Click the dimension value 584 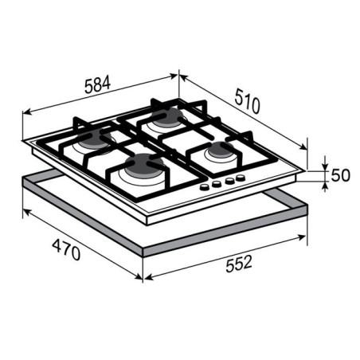(97, 84)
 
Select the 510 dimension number (247, 101)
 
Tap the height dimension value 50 (341, 175)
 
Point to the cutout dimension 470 (66, 249)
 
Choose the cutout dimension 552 (239, 264)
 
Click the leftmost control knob (205, 187)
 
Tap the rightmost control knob (241, 178)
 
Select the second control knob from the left (217, 184)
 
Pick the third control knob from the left (229, 181)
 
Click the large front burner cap (144, 166)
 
